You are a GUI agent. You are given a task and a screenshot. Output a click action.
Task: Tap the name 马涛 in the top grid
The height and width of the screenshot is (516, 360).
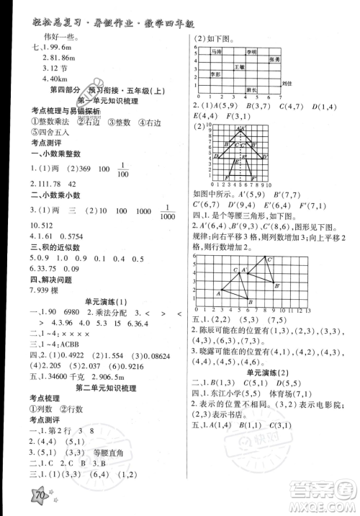click(x=217, y=52)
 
